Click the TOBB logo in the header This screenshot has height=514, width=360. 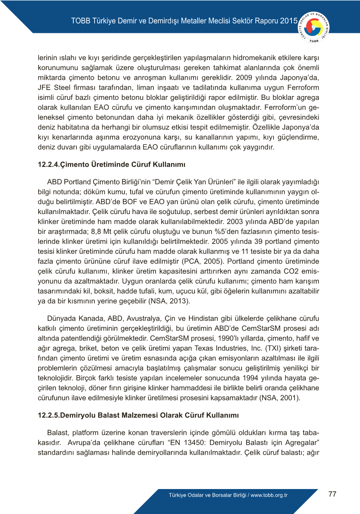pos(314,27)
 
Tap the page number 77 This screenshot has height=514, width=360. pos(332,494)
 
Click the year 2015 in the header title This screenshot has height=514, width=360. pos(289,21)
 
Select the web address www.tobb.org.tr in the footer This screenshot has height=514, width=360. pos(269,495)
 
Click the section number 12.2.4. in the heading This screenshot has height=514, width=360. pos(49,165)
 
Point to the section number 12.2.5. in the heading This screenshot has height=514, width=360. pos(49,415)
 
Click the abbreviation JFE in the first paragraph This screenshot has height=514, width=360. pos(44,87)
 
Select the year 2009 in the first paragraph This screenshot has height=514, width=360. pos(244,78)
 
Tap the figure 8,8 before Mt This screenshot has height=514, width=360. pos(96,231)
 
